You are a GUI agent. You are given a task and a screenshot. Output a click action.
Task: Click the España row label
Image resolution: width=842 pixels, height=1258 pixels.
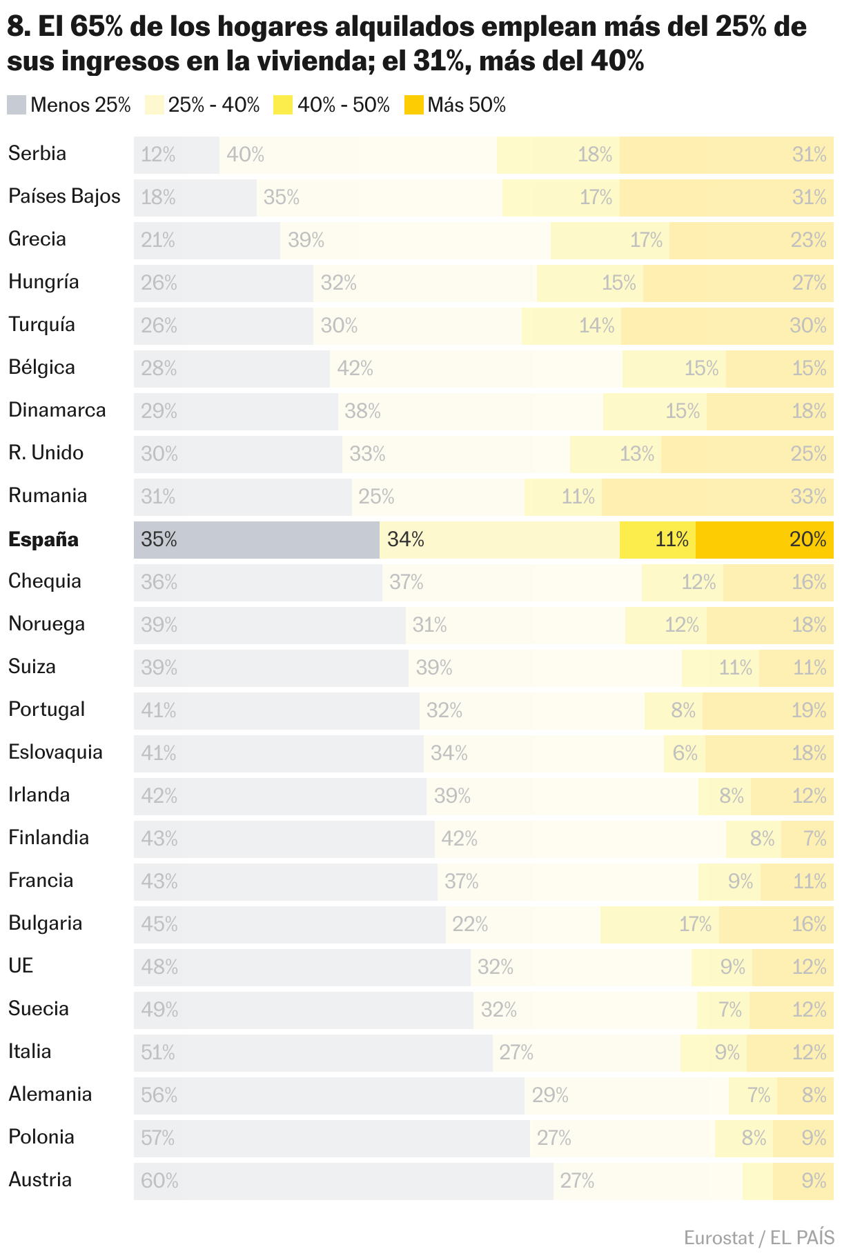click(x=43, y=539)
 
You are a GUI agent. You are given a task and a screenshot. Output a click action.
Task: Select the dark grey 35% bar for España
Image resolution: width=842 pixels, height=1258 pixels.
click(x=256, y=539)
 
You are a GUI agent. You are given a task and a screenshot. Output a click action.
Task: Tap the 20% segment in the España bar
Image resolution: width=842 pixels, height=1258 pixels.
click(x=764, y=539)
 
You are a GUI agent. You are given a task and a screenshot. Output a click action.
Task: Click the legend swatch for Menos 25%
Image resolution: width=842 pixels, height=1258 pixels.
click(x=17, y=105)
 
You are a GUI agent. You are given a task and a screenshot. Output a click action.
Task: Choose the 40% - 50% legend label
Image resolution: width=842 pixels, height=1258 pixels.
click(x=343, y=105)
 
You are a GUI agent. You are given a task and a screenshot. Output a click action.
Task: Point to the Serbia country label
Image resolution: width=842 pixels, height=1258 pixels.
click(x=37, y=153)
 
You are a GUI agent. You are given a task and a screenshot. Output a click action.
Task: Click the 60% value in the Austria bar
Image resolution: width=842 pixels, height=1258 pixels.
click(x=159, y=1181)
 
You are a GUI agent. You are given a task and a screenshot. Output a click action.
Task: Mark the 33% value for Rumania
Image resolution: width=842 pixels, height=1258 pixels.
click(x=808, y=497)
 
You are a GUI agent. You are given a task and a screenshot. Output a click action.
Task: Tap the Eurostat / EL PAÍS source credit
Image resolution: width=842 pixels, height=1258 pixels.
click(x=758, y=1237)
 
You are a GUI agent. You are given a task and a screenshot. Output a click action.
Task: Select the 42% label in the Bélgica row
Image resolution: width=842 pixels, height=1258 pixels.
click(x=355, y=368)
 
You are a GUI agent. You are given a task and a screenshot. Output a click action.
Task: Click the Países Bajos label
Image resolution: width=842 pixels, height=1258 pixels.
click(x=64, y=196)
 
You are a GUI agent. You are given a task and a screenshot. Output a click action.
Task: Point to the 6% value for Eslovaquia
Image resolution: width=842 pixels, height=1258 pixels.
click(x=685, y=753)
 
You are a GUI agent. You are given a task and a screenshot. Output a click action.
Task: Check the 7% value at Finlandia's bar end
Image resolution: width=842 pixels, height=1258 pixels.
click(x=814, y=839)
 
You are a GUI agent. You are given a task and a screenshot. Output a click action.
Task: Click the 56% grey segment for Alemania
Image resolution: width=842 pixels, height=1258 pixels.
click(x=329, y=1095)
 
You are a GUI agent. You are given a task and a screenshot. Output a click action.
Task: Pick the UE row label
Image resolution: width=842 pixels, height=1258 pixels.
click(x=21, y=966)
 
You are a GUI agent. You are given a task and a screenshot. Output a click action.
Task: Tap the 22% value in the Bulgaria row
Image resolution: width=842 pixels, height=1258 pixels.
click(x=470, y=924)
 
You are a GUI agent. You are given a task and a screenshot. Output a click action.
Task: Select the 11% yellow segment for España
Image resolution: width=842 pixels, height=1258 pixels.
click(x=658, y=539)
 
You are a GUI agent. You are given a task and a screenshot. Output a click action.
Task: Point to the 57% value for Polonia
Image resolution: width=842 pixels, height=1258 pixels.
click(x=158, y=1138)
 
